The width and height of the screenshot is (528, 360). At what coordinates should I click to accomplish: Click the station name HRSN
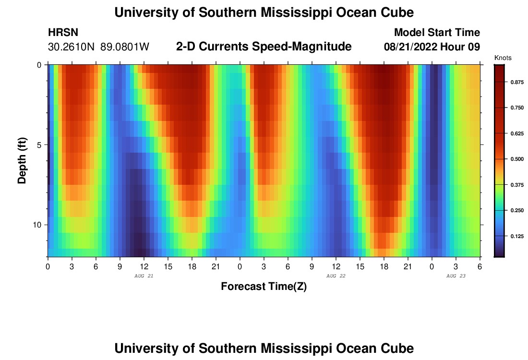click(63, 33)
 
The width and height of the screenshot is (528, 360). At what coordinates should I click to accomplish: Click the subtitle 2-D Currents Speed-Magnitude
click(264, 47)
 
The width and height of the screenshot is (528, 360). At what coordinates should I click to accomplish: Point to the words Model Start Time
click(437, 33)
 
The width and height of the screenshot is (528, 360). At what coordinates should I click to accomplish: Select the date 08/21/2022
click(412, 47)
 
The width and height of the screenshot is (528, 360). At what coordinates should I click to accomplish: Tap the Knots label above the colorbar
click(503, 58)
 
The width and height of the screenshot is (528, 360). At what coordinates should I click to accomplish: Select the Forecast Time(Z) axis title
click(264, 287)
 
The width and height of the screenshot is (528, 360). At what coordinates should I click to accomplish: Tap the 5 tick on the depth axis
click(39, 144)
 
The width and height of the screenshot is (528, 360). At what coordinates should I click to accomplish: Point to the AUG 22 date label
click(336, 276)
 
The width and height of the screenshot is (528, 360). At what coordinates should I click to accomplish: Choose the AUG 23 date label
click(456, 276)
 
